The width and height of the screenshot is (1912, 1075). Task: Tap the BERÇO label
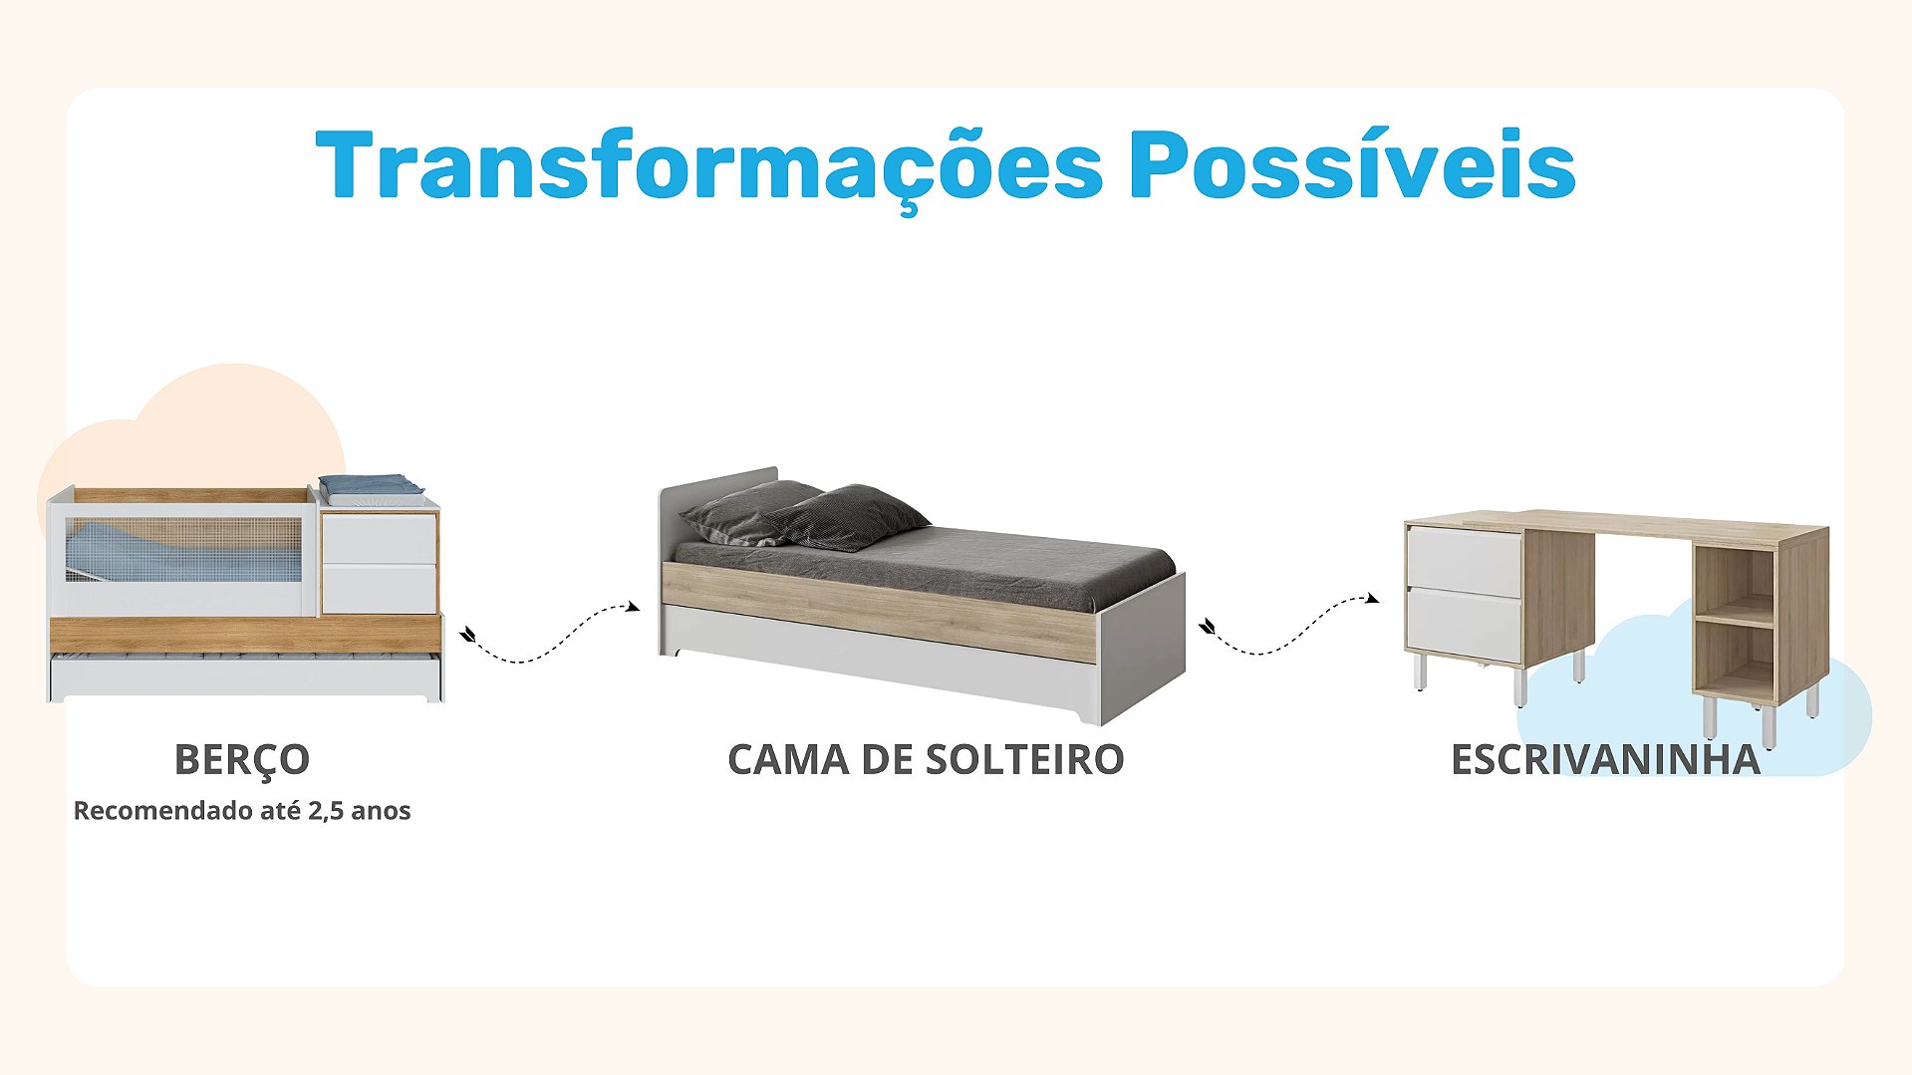pyautogui.click(x=242, y=761)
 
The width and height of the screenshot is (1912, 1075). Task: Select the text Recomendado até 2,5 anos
pyautogui.click(x=242, y=811)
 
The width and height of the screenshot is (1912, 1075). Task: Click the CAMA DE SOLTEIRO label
pyautogui.click(x=926, y=760)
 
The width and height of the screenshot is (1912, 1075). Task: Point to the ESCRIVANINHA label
pyautogui.click(x=1605, y=760)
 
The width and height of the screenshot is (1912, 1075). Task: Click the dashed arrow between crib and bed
pyautogui.click(x=550, y=634)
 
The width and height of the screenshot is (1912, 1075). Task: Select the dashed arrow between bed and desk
pyautogui.click(x=1288, y=625)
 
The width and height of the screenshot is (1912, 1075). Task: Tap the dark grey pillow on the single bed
pyautogui.click(x=847, y=517)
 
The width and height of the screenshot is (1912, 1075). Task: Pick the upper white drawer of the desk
pyautogui.click(x=1465, y=562)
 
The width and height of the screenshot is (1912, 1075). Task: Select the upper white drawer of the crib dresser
pyautogui.click(x=380, y=539)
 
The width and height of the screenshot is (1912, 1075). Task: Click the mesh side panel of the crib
pyautogui.click(x=183, y=549)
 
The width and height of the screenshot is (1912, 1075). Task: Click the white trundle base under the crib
pyautogui.click(x=245, y=677)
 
